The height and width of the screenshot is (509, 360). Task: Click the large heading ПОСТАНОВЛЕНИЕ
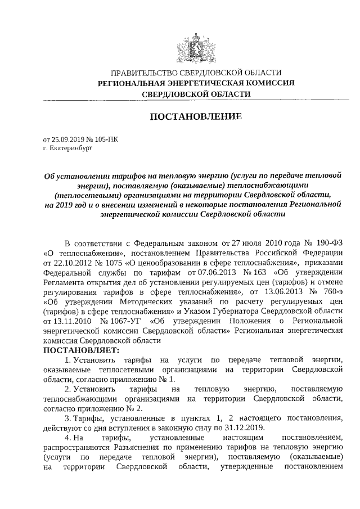point(195,117)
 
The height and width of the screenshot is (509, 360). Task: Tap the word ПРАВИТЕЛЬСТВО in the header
point(144,73)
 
